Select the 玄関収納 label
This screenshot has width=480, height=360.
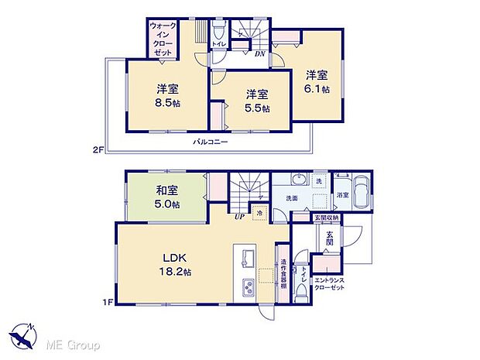point(327,219)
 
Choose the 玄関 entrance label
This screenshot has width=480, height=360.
point(330,238)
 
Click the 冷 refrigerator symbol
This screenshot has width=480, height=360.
point(260,213)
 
